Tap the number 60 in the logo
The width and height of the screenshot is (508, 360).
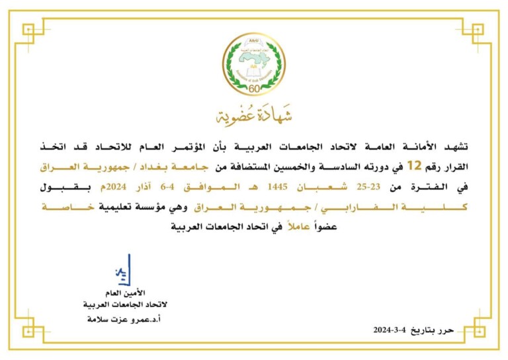254,89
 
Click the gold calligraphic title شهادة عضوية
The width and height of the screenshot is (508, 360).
254,116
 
